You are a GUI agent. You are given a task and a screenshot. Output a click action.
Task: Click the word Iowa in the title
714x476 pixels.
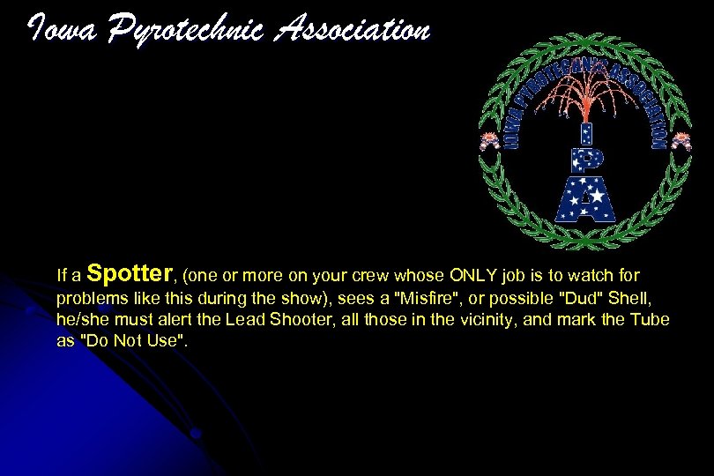click(56, 30)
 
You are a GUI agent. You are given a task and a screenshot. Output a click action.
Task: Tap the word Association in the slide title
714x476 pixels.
click(353, 30)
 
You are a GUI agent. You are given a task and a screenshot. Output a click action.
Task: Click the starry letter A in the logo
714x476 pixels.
click(584, 199)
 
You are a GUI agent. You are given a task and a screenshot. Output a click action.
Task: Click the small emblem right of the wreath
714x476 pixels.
click(681, 140)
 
